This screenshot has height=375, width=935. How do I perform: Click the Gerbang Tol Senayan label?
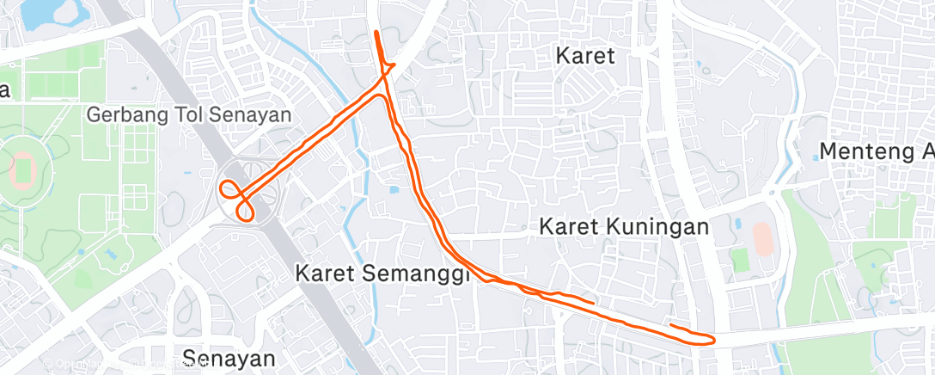click(189, 114)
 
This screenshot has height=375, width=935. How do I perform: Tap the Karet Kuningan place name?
click(624, 227)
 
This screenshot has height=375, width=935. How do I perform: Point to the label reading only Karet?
click(585, 57)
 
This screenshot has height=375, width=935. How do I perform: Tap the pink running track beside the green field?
click(761, 237)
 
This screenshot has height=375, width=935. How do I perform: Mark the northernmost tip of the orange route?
click(376, 32)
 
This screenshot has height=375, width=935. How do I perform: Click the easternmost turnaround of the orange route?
click(712, 340)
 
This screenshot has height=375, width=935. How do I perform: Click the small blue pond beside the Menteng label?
click(817, 157)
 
